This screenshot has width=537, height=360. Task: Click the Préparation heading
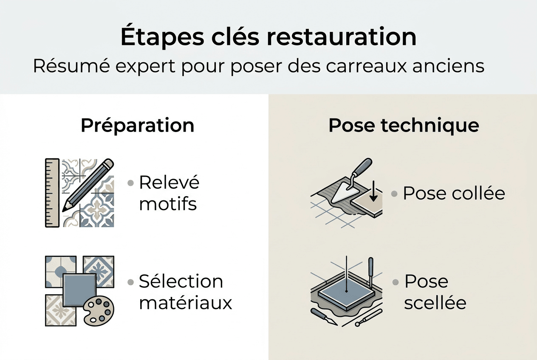[x=137, y=126]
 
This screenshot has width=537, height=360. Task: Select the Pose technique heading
[x=404, y=126]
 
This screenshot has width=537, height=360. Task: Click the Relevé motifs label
[x=169, y=193]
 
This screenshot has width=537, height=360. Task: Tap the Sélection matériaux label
[x=185, y=292]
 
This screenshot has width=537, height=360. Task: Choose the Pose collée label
[x=454, y=194]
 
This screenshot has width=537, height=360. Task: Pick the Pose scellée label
[x=435, y=292]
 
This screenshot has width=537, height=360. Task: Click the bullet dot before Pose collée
[x=394, y=194]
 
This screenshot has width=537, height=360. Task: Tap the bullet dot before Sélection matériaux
[x=131, y=282]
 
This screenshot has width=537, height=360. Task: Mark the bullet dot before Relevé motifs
[x=131, y=183]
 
